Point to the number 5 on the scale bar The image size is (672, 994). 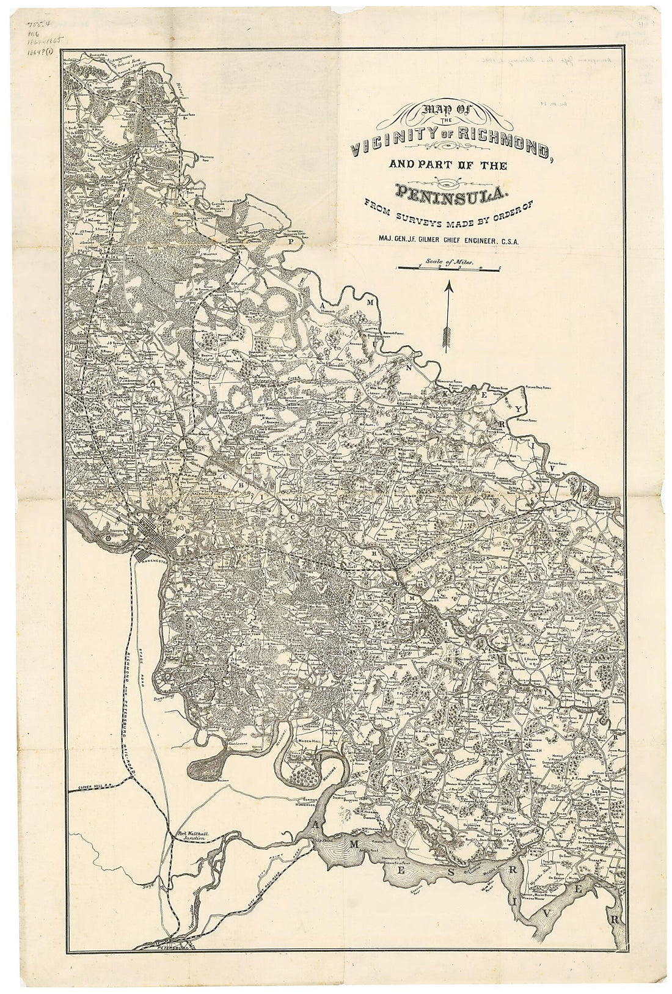click(500, 268)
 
